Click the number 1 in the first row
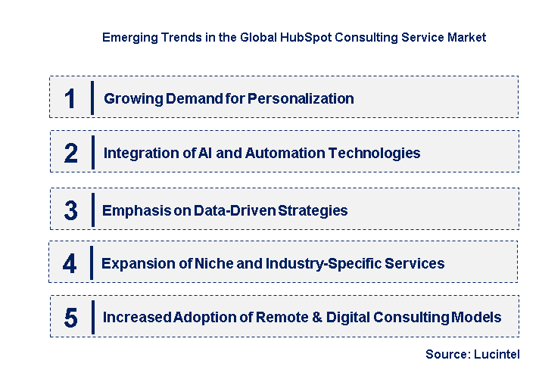(x=70, y=98)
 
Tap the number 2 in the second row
(x=71, y=154)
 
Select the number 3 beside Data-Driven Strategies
(x=70, y=210)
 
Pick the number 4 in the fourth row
(x=70, y=264)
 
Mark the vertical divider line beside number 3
(x=92, y=210)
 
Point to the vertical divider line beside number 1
(x=92, y=98)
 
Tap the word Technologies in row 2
(x=376, y=153)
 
